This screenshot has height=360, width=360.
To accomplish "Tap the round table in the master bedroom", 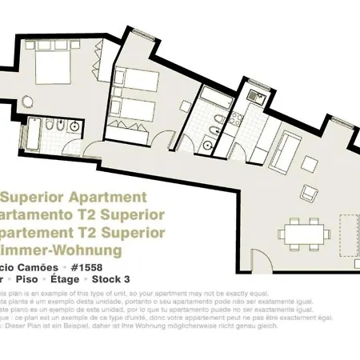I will click(26, 102).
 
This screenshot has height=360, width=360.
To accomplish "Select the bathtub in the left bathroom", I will click(34, 134).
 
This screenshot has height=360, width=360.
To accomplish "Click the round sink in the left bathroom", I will click(74, 127).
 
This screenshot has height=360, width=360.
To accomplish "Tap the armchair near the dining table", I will click(307, 194).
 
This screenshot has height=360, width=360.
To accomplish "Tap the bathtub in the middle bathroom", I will click(215, 101).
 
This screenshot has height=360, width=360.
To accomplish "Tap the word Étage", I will click(65, 279).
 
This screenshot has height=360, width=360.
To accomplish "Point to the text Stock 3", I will click(111, 279).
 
